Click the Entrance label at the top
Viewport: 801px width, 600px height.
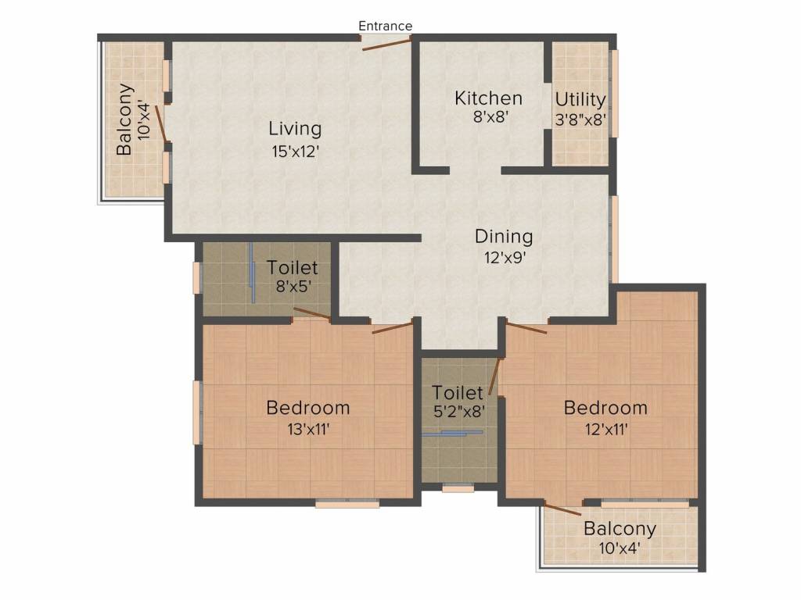[x=385, y=26]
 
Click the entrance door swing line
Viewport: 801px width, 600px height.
[x=386, y=45]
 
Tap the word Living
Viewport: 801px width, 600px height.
[x=295, y=128]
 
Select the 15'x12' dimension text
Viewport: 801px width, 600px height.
[x=295, y=152]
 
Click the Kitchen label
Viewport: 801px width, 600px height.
[x=489, y=98]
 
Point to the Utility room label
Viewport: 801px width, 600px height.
[x=580, y=100]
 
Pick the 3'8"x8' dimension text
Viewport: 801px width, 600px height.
[x=580, y=121]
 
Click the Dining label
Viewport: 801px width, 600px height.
[x=504, y=236]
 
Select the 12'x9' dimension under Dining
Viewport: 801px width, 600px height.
[x=504, y=259]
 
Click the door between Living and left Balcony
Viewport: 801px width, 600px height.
[x=161, y=123]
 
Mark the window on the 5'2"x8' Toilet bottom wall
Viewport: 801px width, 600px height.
[x=458, y=489]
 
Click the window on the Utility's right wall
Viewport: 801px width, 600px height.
[x=614, y=93]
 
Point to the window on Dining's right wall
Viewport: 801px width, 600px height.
[x=615, y=238]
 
